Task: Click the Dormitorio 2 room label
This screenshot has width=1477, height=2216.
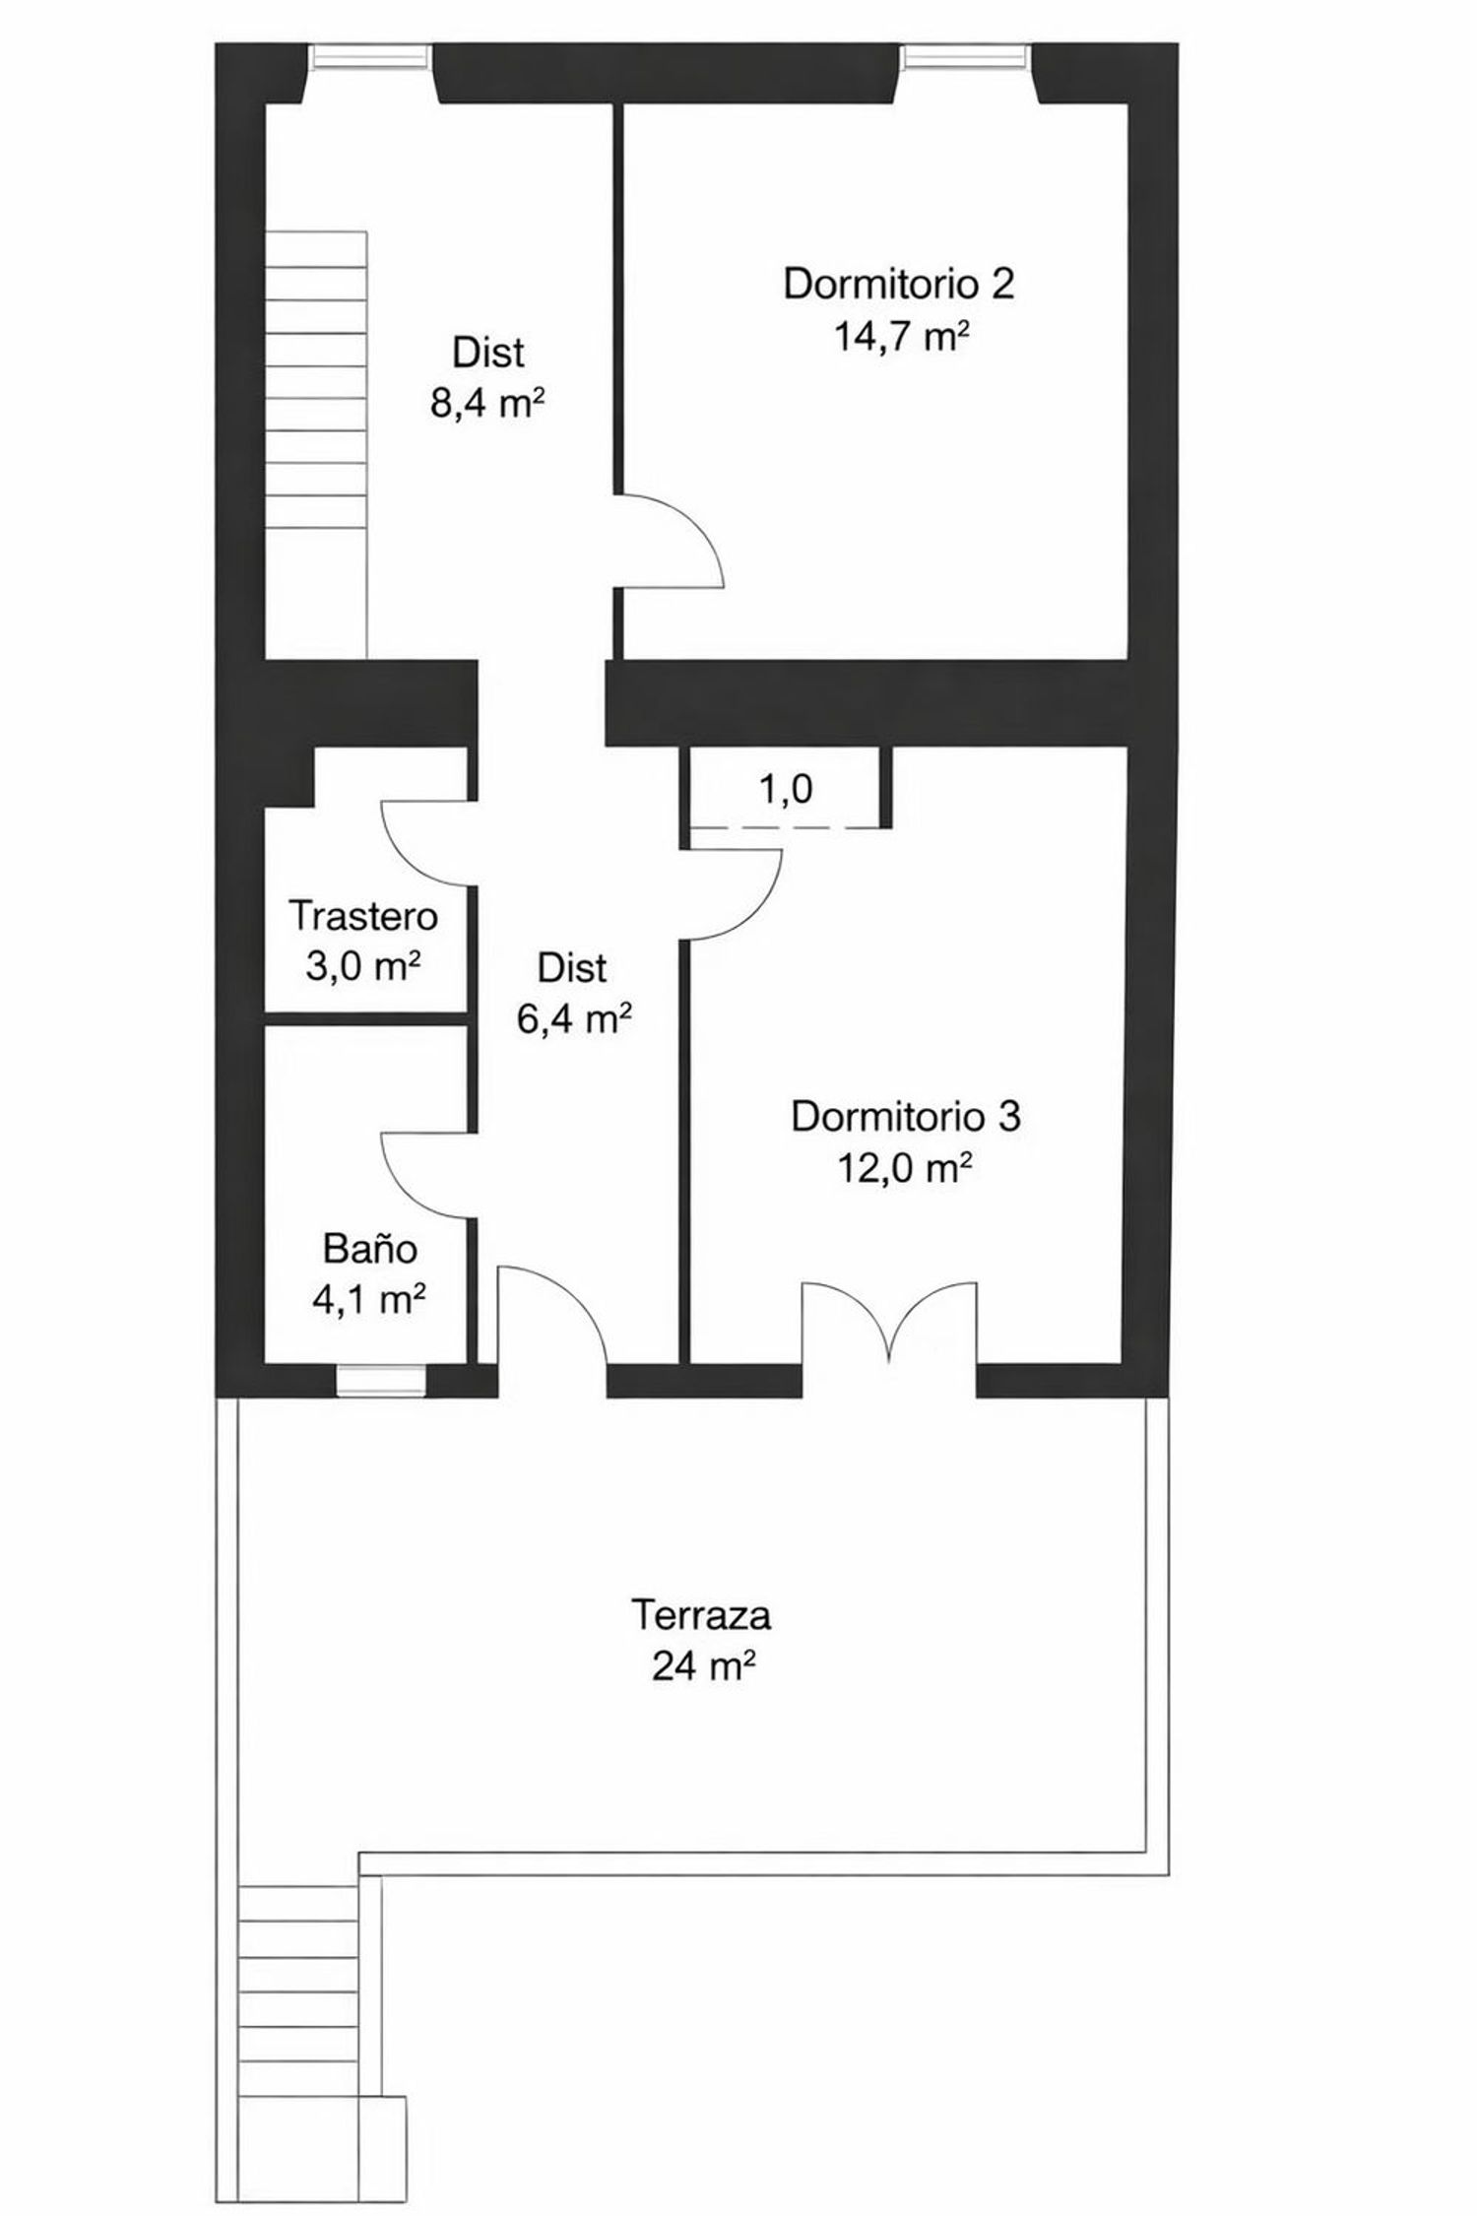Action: point(898,284)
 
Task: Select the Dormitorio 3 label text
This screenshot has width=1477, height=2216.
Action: point(906,1117)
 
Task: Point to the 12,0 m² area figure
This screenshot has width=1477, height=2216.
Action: point(905,1169)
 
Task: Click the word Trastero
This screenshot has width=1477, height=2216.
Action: point(363,916)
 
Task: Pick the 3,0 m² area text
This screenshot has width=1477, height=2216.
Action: point(363,966)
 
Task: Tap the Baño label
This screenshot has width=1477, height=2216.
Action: point(370,1249)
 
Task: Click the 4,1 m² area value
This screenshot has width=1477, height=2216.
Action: point(369,1300)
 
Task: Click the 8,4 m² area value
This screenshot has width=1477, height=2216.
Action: point(488,403)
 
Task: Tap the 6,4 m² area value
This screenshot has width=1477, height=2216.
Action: point(573,1019)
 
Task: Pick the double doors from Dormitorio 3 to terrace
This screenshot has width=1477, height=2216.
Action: point(890,1325)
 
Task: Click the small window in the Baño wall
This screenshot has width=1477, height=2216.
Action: point(381,1380)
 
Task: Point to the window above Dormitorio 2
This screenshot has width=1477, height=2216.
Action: point(966,58)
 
